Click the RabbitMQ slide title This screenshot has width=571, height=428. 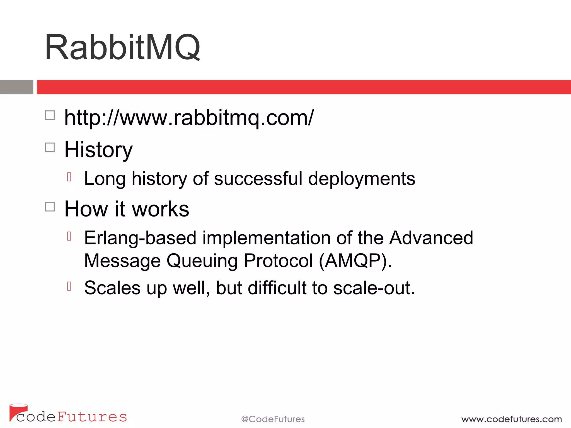point(123,47)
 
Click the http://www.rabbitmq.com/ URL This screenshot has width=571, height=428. point(189,118)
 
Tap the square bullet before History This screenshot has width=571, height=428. point(50,147)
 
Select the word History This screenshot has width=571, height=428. point(98,150)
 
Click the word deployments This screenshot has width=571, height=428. point(362,179)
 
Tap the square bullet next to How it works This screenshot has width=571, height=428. point(50,207)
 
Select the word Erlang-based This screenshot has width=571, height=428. point(140,238)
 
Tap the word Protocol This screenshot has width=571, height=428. point(278,261)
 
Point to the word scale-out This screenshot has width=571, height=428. point(374,288)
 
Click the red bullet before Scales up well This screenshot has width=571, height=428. point(69,286)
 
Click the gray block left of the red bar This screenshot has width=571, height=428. point(16,87)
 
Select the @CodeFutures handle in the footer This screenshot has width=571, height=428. point(273,419)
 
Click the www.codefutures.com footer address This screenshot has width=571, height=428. point(511,419)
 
